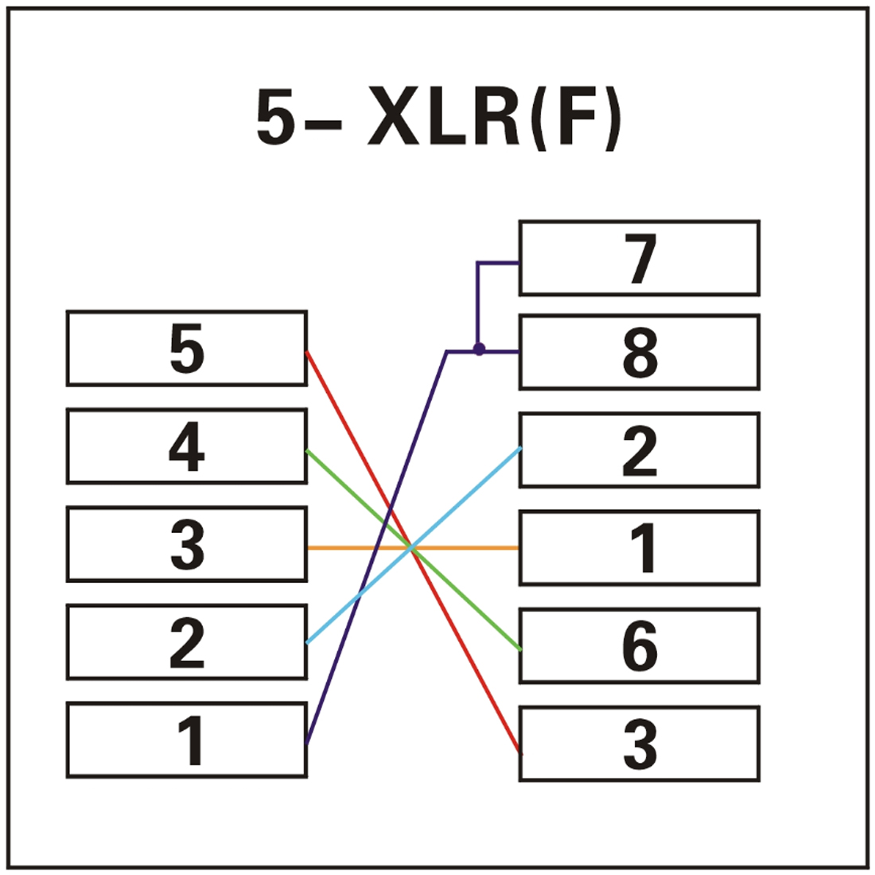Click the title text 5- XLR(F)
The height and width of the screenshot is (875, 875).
[x=438, y=119]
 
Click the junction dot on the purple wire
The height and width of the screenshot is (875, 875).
[x=479, y=349]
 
